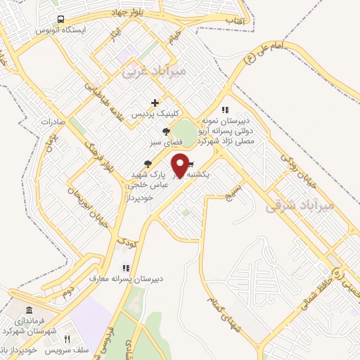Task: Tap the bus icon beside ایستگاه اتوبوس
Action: coord(61,20)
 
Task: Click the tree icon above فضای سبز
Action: coord(166,131)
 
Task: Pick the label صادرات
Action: coord(53,121)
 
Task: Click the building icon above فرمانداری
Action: coord(29,311)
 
